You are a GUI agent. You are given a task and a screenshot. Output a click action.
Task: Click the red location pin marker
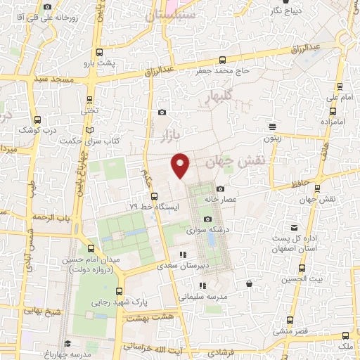[181, 165]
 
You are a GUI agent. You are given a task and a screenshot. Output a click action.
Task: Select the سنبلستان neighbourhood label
[172, 14]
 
